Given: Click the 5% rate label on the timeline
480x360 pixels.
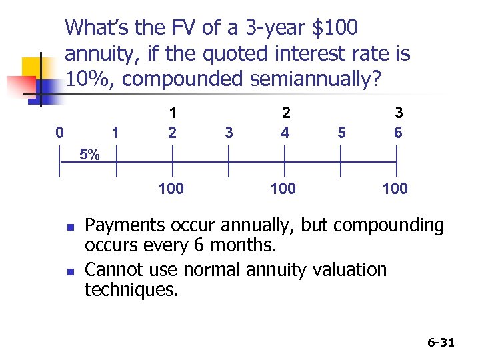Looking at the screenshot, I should coord(89,155).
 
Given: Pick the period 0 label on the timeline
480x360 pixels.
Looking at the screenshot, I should coord(60,132).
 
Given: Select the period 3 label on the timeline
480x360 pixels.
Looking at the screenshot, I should coord(229,132).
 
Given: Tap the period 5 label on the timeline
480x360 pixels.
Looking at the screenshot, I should coord(342,132).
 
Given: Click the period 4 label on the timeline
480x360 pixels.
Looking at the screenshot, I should coord(285,132).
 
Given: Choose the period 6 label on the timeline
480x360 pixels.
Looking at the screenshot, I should coord(398,132).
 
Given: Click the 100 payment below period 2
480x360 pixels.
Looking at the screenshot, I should coord(171,189).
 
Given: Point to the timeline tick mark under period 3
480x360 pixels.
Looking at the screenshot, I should coord(229,161).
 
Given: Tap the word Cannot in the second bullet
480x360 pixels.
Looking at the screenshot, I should coord(111,269).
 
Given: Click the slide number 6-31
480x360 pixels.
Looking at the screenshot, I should coord(440,343).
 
